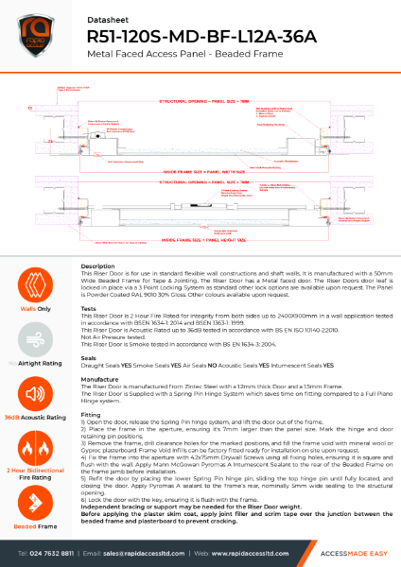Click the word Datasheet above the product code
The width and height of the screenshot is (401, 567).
106,15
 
